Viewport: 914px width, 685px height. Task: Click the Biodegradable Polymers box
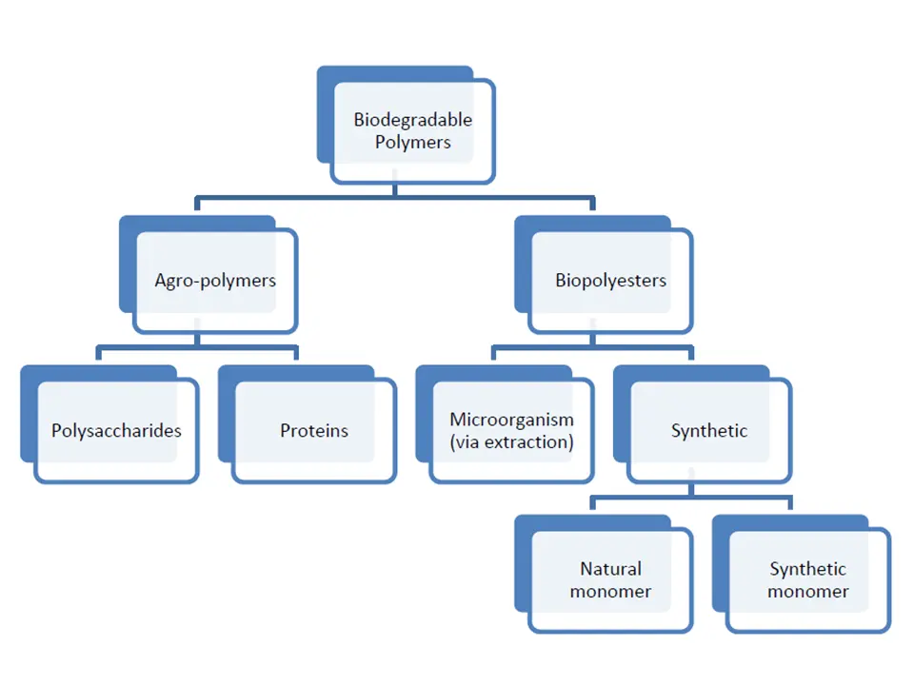pos(412,132)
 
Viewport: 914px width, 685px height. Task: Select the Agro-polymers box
pos(215,281)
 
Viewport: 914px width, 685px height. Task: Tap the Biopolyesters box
pos(610,281)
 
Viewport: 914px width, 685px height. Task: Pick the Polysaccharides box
pos(116,431)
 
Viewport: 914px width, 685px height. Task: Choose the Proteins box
pos(314,431)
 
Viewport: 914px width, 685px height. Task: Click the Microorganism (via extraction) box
pos(512,431)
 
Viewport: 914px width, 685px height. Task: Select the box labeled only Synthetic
pos(709,431)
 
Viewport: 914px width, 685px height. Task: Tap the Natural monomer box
pos(610,580)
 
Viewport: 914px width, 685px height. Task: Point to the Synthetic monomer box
pos(808,580)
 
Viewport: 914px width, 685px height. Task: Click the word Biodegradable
pos(412,120)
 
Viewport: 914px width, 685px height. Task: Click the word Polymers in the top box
pos(412,143)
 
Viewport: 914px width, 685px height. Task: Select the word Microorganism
pos(512,420)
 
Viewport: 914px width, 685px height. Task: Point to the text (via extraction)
pos(512,442)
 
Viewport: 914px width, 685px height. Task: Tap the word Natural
pos(610,569)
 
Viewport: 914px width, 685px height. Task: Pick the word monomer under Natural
pos(610,592)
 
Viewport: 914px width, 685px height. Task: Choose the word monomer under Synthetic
pos(808,592)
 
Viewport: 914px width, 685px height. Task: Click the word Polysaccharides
pos(116,431)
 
